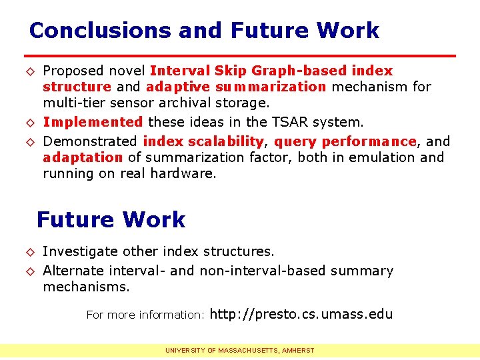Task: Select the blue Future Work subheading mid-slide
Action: [111, 219]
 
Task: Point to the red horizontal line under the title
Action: [240, 55]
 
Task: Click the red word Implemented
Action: [93, 122]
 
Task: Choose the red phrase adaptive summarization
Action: [236, 87]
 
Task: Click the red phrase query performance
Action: [345, 141]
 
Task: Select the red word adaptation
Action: [83, 157]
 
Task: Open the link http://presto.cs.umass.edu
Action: [301, 314]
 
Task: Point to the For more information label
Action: [145, 315]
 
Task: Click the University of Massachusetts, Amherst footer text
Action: [240, 350]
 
